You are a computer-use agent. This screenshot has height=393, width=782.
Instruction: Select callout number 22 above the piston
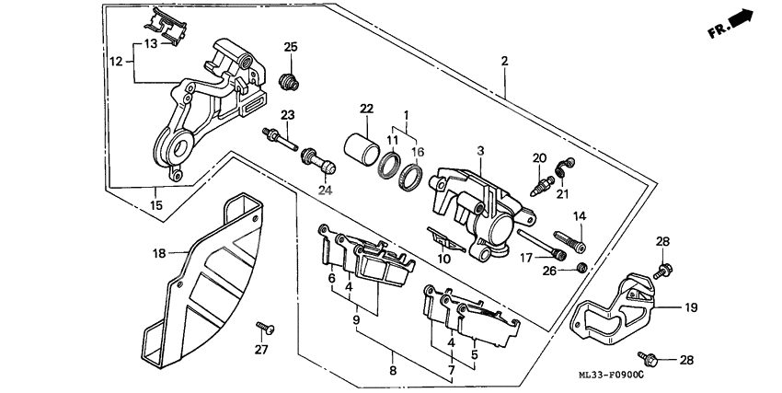[x=366, y=110]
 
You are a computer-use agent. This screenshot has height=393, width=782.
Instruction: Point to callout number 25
[x=291, y=48]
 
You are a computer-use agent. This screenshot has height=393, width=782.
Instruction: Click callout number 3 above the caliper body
[x=479, y=151]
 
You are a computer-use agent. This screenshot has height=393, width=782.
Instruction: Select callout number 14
[x=580, y=217]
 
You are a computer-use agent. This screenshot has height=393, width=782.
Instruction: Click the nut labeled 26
[x=581, y=268]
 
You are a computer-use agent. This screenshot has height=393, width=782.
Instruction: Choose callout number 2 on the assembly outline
[x=504, y=62]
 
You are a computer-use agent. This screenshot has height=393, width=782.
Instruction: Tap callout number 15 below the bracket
[x=155, y=204]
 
